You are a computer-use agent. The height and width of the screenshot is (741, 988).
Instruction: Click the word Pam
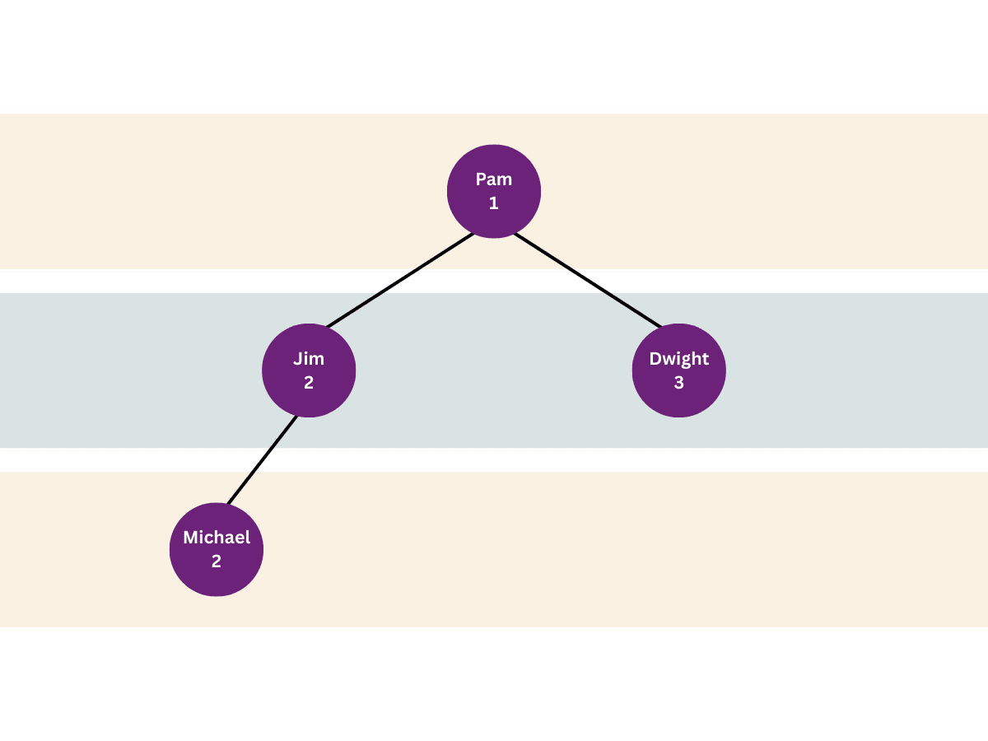coord(494,179)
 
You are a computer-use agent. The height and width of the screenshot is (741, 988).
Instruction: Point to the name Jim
coord(309,359)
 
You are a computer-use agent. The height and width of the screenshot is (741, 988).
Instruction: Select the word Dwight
coord(678,359)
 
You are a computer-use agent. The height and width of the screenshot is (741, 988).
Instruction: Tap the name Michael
coord(217,538)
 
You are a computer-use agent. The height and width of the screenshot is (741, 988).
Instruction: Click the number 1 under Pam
coord(494,203)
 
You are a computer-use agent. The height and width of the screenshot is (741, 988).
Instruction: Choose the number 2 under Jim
coord(309,383)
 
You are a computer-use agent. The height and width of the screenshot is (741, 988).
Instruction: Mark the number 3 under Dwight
coord(678,383)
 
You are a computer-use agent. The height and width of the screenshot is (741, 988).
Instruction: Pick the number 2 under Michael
coord(217,562)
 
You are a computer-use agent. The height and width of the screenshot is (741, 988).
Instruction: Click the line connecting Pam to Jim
coord(401,281)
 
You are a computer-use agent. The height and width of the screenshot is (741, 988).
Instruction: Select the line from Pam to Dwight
coord(587,281)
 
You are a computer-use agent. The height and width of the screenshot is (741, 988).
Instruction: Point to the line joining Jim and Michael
coord(262,459)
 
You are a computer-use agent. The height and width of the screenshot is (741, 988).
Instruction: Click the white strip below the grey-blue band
coord(494,459)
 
